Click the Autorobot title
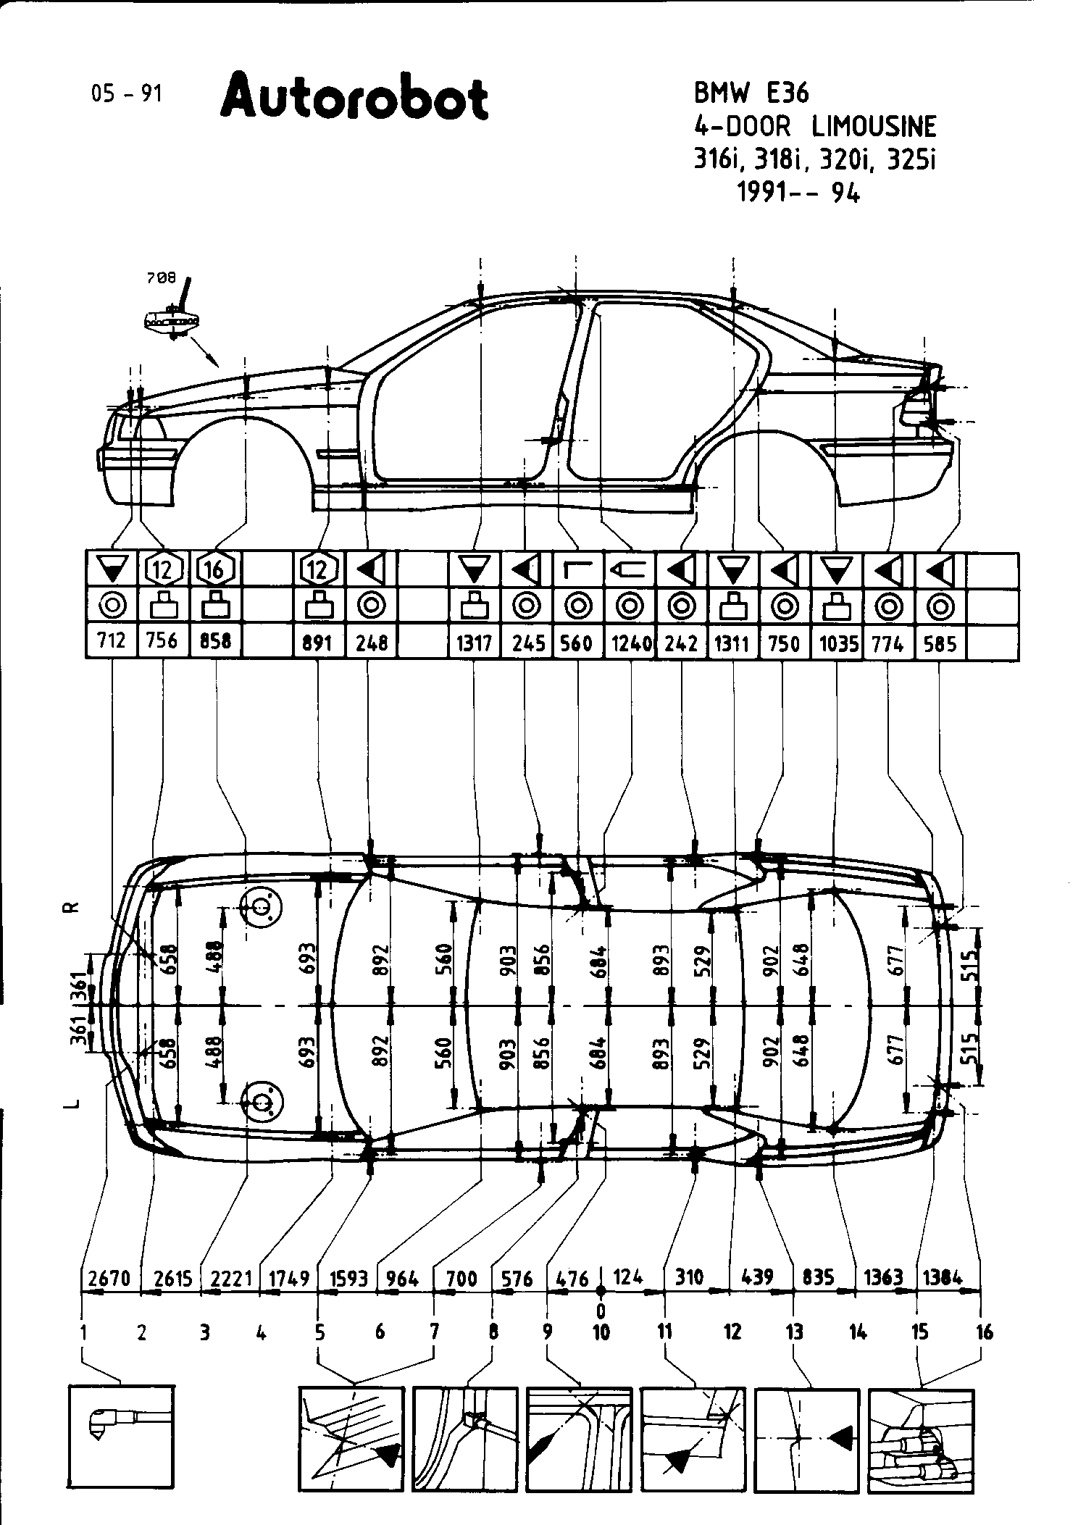click(354, 97)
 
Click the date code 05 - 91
click(127, 93)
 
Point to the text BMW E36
click(751, 93)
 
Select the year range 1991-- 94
click(798, 192)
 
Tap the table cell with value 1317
click(475, 643)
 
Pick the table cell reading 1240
click(630, 643)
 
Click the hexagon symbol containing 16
click(215, 570)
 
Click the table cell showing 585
click(940, 643)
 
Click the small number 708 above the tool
click(162, 277)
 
